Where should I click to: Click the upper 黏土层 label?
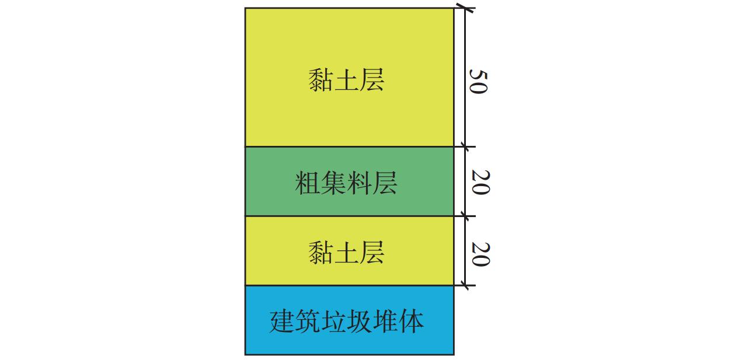pos(346,80)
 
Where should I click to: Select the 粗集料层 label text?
pos(346,183)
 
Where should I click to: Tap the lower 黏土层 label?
pos(346,253)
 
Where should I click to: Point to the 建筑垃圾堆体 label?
pos(347,321)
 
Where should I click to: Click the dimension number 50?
pos(478,82)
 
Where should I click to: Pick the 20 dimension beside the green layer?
pos(480,182)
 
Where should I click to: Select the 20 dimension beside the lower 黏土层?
pos(480,254)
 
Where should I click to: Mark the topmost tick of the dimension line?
pos(465,8)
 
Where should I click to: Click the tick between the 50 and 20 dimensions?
pos(465,146)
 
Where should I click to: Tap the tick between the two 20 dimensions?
pos(465,216)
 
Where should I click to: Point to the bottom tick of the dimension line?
pos(465,285)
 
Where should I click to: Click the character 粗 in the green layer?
pos(308,183)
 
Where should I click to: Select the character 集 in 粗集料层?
pos(333,183)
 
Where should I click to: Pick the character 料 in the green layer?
pos(359,183)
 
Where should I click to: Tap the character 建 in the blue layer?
pos(282,321)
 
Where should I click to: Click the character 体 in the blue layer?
pos(411,321)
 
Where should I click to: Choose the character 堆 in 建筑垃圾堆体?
pos(385,321)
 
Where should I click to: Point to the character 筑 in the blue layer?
pos(308,321)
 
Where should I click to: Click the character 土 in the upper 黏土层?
pos(346,81)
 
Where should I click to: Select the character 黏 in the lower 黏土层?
pos(321,253)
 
